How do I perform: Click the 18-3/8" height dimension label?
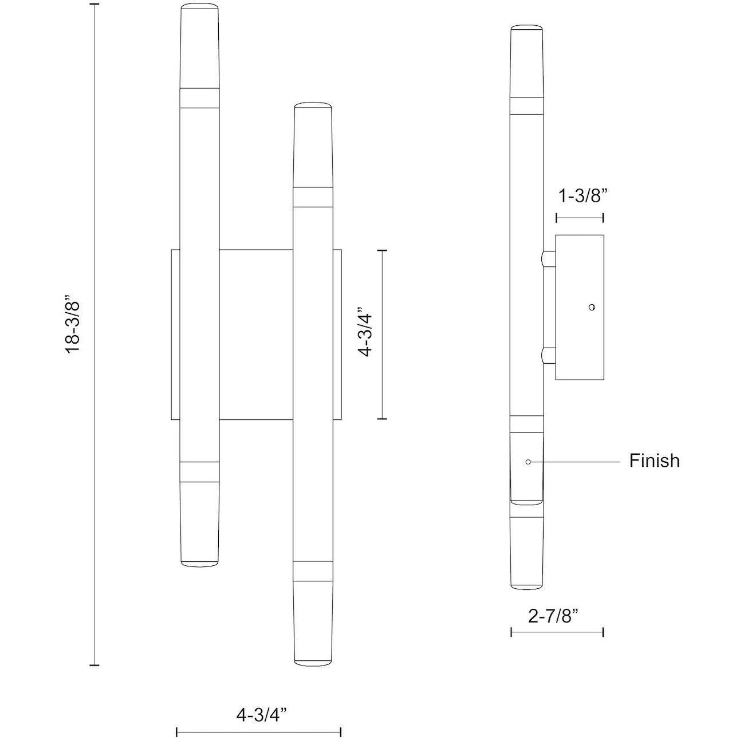[74, 325]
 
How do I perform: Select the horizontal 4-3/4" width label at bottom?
[261, 714]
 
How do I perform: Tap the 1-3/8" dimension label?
[582, 196]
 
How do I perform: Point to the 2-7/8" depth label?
[553, 616]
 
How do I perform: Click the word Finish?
[654, 460]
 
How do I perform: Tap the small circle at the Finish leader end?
[528, 461]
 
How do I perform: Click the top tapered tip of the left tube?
[200, 46]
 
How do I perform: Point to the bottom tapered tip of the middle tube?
[313, 624]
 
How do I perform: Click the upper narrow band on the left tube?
[200, 98]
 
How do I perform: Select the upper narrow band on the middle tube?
[313, 196]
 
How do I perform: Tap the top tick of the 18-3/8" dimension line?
[95, 5]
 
